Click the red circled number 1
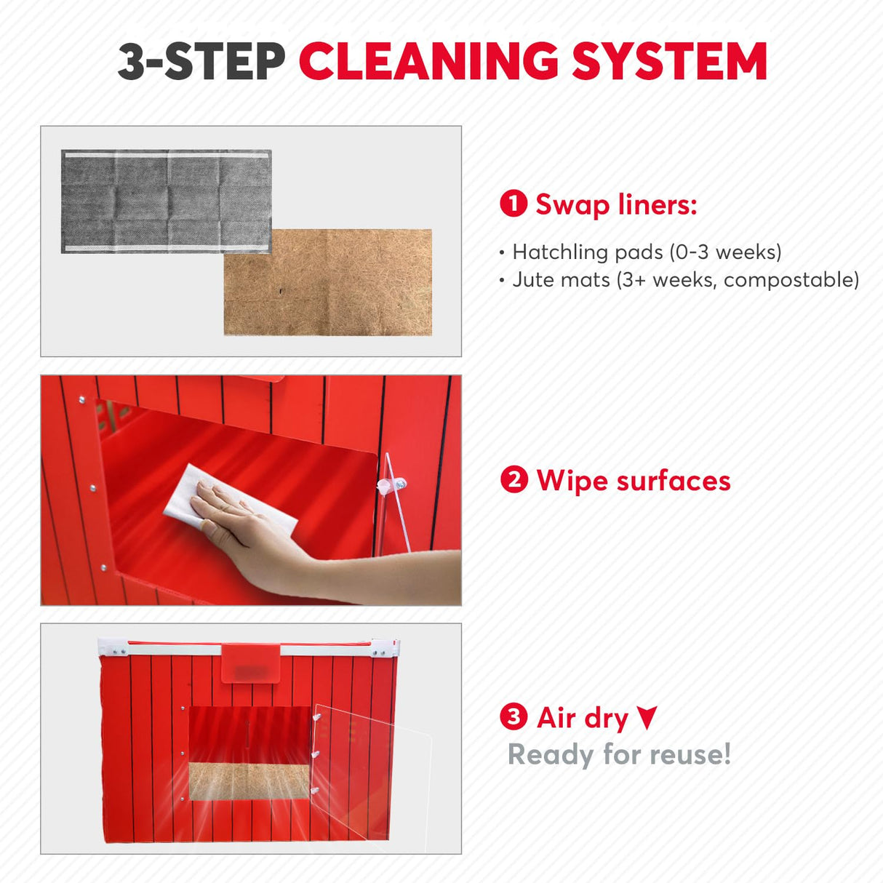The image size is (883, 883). (x=514, y=204)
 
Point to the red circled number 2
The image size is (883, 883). (x=514, y=480)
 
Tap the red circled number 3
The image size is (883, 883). (x=514, y=717)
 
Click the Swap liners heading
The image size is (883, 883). (x=615, y=204)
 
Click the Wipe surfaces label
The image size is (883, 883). (x=633, y=481)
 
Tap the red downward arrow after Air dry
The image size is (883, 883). (x=647, y=717)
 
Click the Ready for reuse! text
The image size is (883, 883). (x=619, y=754)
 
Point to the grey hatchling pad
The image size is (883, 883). (x=166, y=201)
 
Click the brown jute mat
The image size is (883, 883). (x=327, y=282)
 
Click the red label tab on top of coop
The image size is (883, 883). (x=251, y=663)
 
